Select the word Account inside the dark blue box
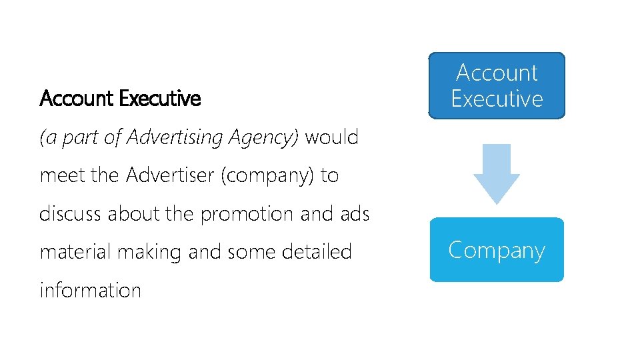click(497, 73)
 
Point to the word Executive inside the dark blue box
click(497, 99)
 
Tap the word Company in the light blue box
click(497, 250)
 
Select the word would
click(332, 137)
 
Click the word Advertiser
click(170, 176)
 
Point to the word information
click(90, 291)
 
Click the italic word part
click(78, 138)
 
